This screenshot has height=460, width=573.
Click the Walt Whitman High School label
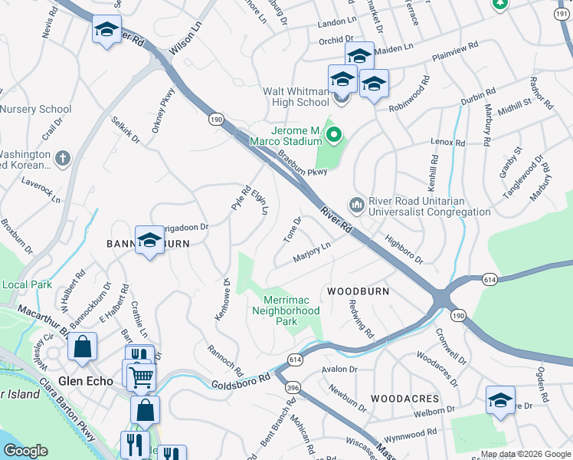click(x=296, y=97)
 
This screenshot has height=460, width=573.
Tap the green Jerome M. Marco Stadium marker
click(x=334, y=136)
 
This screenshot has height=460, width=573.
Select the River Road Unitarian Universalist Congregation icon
click(x=356, y=205)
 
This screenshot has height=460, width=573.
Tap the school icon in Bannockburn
click(x=149, y=240)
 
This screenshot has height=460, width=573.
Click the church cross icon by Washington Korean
click(x=63, y=159)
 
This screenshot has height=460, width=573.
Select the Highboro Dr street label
click(x=404, y=249)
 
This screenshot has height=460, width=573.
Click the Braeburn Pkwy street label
click(x=302, y=163)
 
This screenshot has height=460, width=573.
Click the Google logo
click(x=25, y=451)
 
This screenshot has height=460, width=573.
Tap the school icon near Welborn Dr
click(x=499, y=400)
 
